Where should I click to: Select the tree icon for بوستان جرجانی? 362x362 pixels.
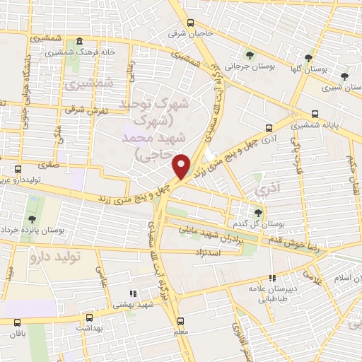point(248,55)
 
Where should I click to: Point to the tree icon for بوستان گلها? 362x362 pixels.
point(308,58)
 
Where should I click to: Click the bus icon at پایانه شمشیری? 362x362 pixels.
point(315,113)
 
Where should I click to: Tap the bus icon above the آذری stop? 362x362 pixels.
point(268,128)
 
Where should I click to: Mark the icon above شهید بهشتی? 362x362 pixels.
point(131,293)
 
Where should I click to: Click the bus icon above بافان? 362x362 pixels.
point(16,322)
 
